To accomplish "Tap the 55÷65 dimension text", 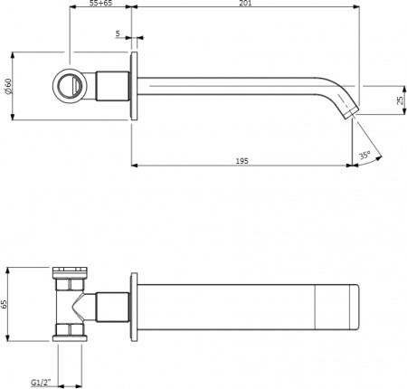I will click(x=100, y=5).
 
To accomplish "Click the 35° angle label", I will click(x=364, y=156).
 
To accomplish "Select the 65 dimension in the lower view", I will click(x=6, y=305).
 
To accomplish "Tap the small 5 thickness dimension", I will click(x=118, y=33).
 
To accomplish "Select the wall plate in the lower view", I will click(x=135, y=305).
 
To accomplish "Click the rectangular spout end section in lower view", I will click(x=337, y=305).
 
